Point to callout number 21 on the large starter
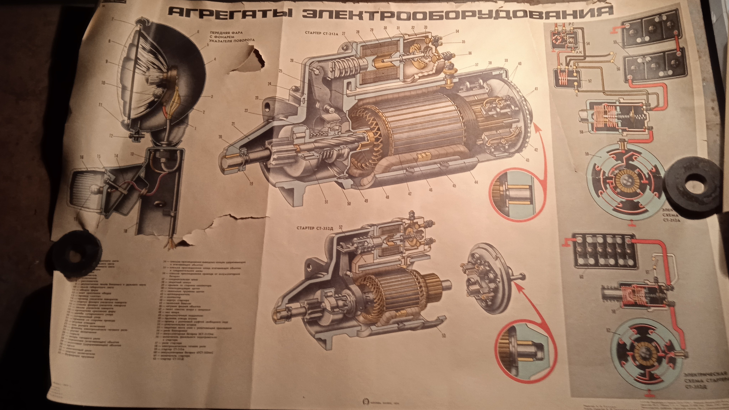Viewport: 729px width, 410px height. pyautogui.click(x=234, y=124)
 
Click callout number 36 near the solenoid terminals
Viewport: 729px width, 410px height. pyautogui.click(x=470, y=53)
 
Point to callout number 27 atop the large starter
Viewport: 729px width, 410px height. pyautogui.click(x=343, y=33)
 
